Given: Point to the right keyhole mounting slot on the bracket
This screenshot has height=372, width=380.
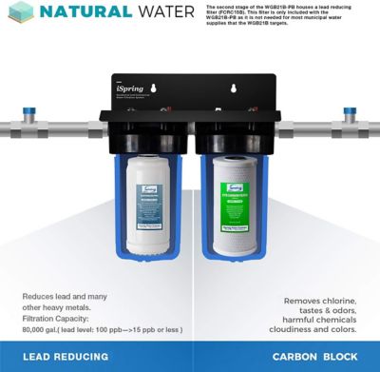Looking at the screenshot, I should click(x=231, y=90).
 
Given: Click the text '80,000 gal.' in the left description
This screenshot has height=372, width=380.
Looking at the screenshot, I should click(x=43, y=329).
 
